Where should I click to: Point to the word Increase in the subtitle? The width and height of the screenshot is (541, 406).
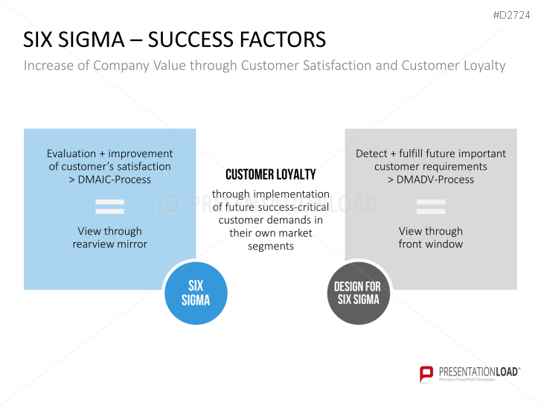pos(49,66)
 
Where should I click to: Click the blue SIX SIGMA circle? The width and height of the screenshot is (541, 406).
pos(196,293)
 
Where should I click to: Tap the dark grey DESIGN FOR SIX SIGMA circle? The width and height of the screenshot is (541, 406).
pos(356,293)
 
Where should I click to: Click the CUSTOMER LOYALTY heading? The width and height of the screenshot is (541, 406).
pos(270,175)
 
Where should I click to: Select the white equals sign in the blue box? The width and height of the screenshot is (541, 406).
pos(109,206)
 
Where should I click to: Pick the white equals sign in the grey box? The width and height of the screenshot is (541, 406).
pos(431,206)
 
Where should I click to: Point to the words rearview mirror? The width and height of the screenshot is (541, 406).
pos(109,244)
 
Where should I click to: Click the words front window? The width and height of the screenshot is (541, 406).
pos(430,244)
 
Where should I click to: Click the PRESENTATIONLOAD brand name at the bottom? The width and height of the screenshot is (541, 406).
pos(476,371)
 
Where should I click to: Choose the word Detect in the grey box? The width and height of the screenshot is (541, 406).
pos(371,153)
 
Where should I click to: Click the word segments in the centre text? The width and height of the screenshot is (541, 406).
pos(271,247)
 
